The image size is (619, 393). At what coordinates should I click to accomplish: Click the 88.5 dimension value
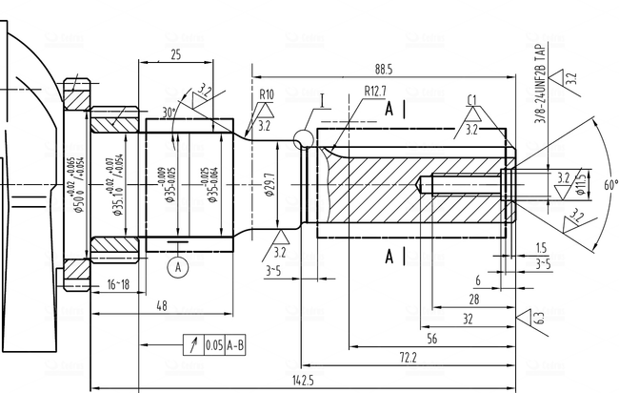(x=384, y=70)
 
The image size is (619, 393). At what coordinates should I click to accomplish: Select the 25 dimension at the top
(x=175, y=55)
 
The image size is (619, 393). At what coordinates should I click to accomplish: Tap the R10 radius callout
(x=266, y=94)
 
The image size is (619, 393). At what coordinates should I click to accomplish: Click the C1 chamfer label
(x=472, y=100)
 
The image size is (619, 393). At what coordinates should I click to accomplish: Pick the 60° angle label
(x=609, y=183)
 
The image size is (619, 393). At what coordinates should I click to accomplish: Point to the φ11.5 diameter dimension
(x=580, y=183)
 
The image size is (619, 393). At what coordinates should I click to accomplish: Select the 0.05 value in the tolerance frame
(x=213, y=345)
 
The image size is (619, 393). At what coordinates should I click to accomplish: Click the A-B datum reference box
(x=234, y=345)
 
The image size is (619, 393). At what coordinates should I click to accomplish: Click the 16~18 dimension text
(x=118, y=284)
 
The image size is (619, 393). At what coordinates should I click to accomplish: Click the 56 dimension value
(x=431, y=339)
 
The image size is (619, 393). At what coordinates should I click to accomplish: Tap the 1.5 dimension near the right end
(x=541, y=246)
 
